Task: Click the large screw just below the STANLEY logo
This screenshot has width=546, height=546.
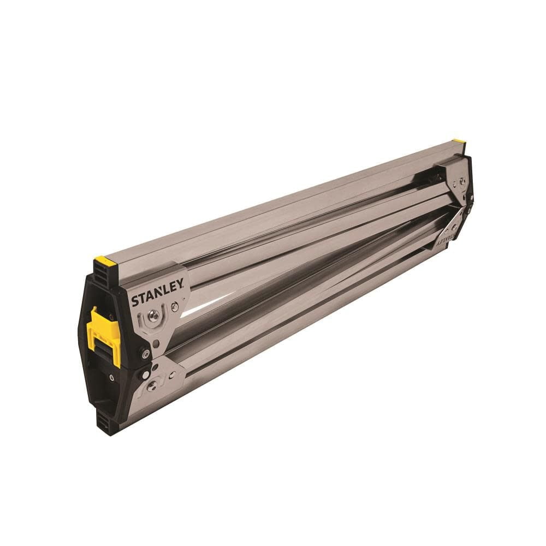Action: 154,315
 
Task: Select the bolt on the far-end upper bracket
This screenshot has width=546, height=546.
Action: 462,182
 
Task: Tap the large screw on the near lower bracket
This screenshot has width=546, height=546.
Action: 152,384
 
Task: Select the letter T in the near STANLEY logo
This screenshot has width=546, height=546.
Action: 140,300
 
